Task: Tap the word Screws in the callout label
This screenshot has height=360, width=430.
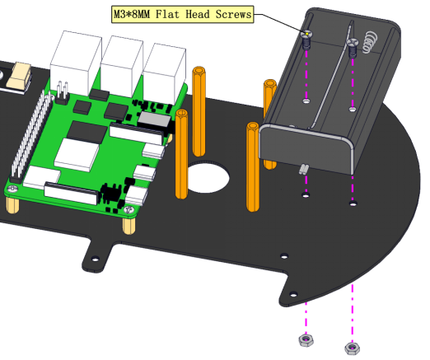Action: [x=233, y=14]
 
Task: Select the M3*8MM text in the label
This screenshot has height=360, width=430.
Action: [x=132, y=14]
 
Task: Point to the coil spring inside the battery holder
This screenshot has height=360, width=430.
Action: [x=370, y=42]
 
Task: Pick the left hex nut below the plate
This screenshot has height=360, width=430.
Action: [x=306, y=340]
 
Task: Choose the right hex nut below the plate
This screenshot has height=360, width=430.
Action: [x=353, y=348]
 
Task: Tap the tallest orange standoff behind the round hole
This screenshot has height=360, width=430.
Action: [x=199, y=111]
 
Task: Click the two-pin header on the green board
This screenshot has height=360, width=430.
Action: [x=63, y=93]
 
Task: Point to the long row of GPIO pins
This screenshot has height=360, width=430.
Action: [x=30, y=136]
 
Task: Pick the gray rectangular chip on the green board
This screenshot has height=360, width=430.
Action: [x=154, y=120]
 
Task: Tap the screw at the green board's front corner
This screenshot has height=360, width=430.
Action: [x=129, y=209]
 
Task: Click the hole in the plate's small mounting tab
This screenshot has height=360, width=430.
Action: [x=96, y=259]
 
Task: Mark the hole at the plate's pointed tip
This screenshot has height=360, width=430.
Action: [x=293, y=295]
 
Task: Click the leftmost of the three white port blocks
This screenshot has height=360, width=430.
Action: [x=75, y=63]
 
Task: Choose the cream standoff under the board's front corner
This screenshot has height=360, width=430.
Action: [x=129, y=226]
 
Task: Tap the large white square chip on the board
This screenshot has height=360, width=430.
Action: [x=77, y=154]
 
